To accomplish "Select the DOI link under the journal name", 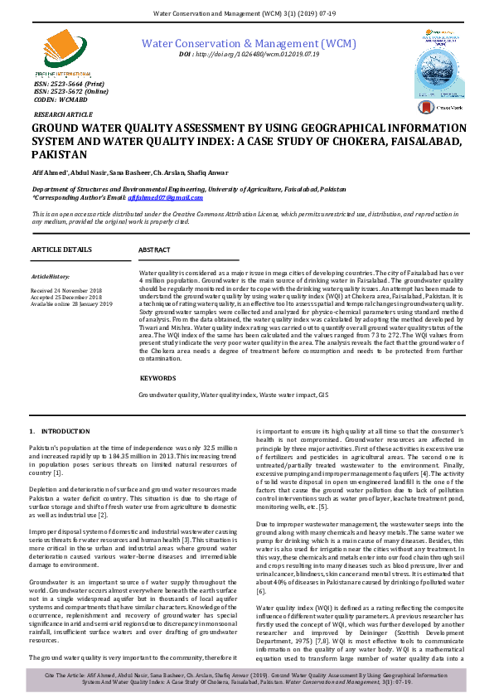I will click(249, 54).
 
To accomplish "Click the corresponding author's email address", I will click(177, 196).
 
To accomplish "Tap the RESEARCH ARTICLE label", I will click(64, 114).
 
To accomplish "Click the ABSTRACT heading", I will click(155, 250).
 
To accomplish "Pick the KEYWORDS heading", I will click(157, 377).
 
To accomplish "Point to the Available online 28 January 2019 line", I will click(71, 304).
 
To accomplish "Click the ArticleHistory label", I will click(51, 276).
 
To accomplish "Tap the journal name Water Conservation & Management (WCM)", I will click(249, 42).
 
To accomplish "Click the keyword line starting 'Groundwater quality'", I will click(233, 395).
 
